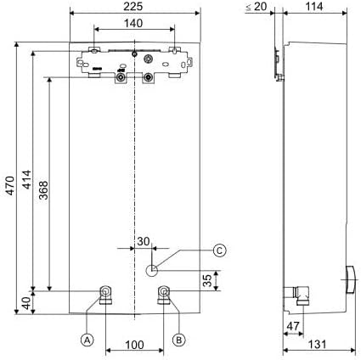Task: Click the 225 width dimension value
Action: [133, 7]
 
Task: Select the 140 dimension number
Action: [133, 23]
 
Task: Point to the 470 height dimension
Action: [10, 185]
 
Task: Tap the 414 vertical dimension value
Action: [27, 179]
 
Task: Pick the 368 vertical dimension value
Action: [43, 190]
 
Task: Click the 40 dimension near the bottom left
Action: [27, 303]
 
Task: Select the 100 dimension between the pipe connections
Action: [134, 345]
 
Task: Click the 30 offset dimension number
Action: [144, 241]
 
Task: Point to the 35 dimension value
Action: [207, 280]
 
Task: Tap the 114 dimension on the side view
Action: [314, 7]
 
